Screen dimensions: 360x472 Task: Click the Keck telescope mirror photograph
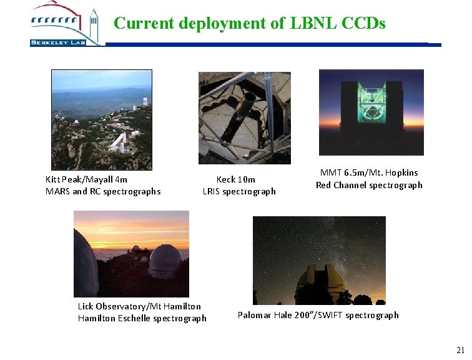pos(244,117)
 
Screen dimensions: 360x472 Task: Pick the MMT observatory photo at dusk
pos(371,112)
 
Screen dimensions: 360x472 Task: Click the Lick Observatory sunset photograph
pos(131,253)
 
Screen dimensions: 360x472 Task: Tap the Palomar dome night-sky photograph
pos(318,260)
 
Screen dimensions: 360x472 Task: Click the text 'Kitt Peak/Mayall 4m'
pos(86,179)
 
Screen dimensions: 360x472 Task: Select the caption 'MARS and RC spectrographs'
pos(103,191)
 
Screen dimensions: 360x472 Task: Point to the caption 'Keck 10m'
pos(235,179)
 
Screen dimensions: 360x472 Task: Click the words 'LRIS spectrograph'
pos(238,191)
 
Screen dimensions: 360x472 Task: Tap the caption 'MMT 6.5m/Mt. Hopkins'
pos(369,172)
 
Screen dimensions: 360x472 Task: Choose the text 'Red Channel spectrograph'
pos(369,185)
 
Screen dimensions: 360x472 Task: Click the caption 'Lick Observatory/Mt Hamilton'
pos(139,306)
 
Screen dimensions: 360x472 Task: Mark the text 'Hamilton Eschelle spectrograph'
pos(142,318)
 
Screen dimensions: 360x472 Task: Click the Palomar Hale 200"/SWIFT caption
pos(318,315)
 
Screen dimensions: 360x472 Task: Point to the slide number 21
pos(460,350)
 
